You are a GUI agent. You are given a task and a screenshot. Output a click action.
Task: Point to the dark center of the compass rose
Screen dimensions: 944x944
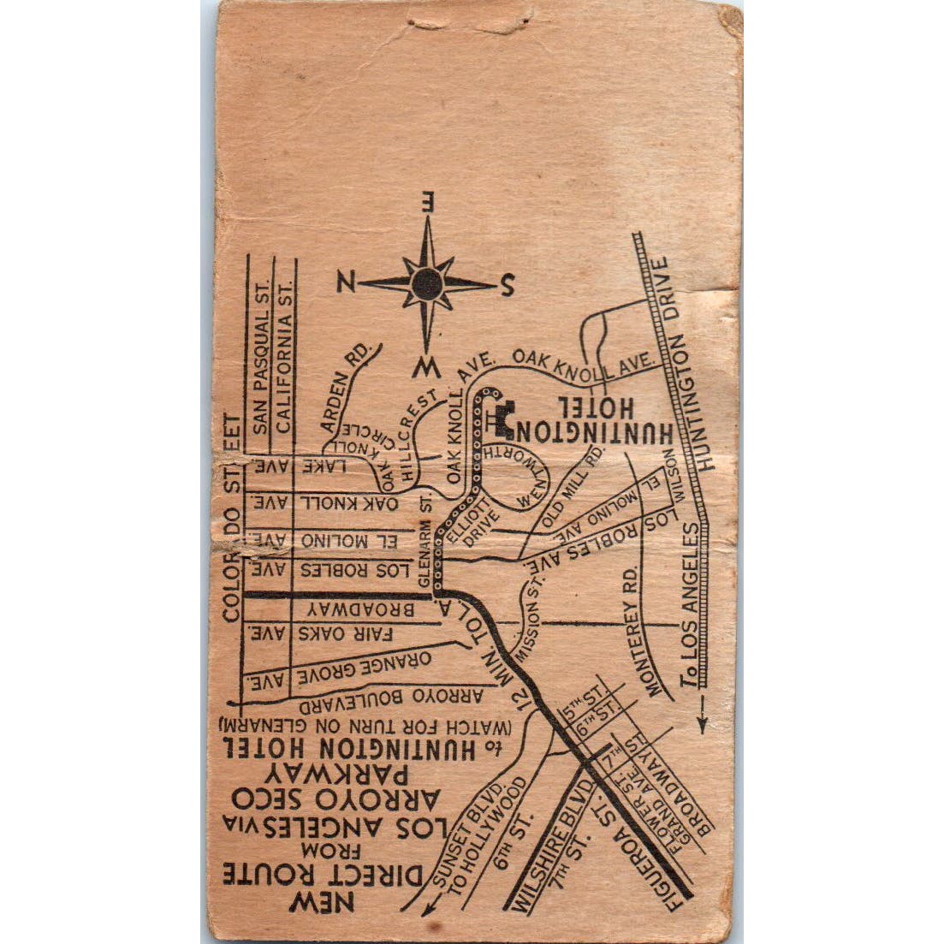pyautogui.click(x=426, y=283)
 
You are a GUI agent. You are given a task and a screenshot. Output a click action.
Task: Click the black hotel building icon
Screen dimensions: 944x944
pyautogui.click(x=502, y=419)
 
